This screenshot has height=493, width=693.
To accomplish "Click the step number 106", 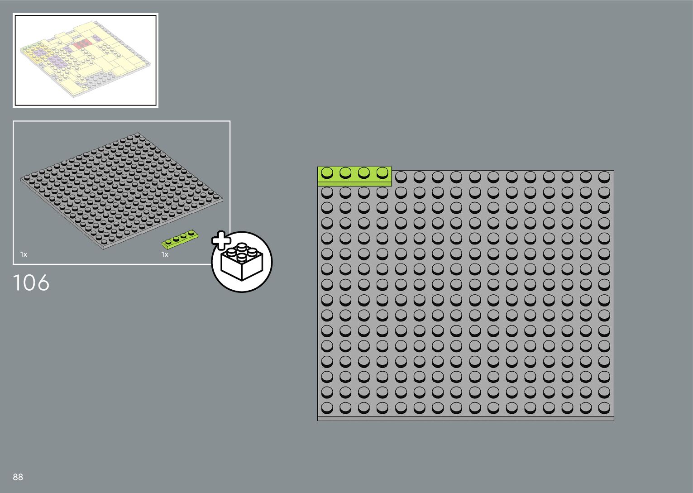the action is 31,282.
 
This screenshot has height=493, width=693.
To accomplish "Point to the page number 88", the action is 18,477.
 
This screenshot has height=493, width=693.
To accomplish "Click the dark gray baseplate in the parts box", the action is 121,190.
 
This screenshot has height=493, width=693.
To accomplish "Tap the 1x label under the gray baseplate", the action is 24,254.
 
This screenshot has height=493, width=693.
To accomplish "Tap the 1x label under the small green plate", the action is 165,254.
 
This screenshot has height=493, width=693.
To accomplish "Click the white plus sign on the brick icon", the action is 220,240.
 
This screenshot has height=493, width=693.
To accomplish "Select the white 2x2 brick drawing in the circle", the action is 242,262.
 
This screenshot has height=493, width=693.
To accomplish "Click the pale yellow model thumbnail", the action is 85,60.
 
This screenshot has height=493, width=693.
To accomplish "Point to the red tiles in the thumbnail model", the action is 83,44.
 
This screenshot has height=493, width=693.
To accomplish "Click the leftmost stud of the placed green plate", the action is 327,172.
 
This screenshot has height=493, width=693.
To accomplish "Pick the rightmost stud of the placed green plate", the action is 382,172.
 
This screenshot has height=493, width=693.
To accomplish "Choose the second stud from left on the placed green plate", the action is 345,172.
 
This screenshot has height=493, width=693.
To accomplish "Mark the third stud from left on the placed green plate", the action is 364,172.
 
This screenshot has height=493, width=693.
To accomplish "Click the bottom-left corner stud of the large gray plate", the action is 327,407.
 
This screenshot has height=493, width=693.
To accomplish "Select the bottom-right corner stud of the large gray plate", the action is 604,407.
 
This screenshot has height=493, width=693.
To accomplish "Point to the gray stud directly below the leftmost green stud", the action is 327,192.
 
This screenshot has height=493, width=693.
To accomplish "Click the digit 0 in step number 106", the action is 30,282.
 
